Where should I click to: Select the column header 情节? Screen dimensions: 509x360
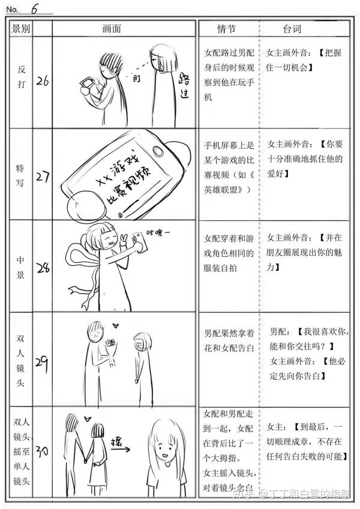tap(227, 29)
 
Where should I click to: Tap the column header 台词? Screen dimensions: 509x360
tap(292, 29)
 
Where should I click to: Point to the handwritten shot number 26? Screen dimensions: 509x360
tap(42, 81)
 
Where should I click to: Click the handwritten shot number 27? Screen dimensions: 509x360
tap(42, 178)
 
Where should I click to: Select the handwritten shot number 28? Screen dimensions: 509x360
tap(42, 268)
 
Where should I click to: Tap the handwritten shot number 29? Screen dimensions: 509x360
tap(42, 362)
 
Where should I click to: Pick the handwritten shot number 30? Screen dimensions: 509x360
tap(42, 451)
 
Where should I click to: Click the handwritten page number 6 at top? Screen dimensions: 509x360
tap(35, 8)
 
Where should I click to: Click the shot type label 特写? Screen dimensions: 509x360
tap(20, 175)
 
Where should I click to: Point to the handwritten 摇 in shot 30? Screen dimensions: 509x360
tap(120, 444)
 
